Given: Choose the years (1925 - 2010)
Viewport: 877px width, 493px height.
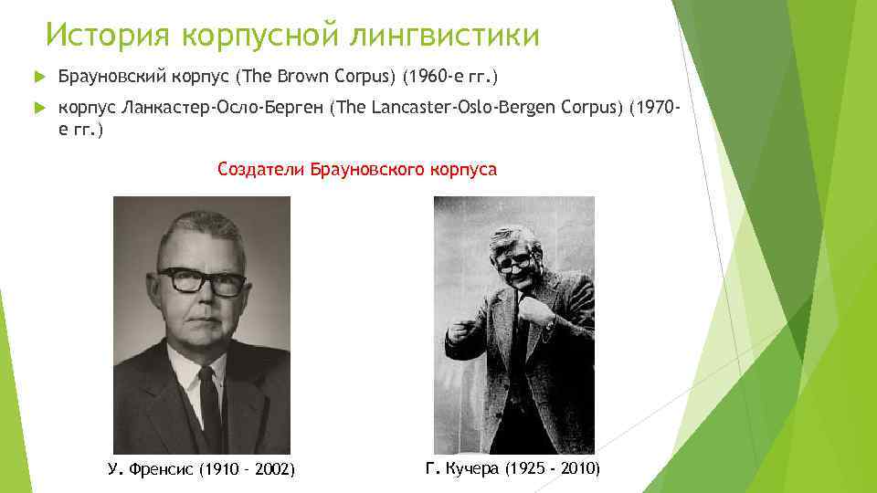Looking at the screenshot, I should (x=553, y=468).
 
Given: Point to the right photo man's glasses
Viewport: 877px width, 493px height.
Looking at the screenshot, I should (x=514, y=263).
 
